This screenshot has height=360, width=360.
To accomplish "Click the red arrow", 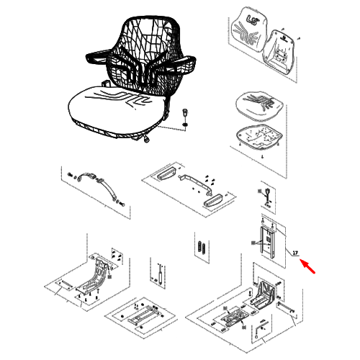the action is coord(308,266).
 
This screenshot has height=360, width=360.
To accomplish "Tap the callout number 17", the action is coord(295,253).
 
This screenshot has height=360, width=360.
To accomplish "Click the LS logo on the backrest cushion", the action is coord(251,19).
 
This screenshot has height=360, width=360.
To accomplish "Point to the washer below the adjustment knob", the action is coord(185,125).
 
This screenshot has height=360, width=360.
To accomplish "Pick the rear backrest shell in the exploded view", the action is coord(279,53).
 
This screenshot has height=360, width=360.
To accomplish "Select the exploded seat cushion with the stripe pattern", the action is coord(260,104).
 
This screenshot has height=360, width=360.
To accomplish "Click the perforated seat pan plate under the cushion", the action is coord(259,135).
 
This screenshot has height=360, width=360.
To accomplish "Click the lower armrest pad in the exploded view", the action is coord(213,200).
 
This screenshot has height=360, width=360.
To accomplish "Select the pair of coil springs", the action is coord(202,248).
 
